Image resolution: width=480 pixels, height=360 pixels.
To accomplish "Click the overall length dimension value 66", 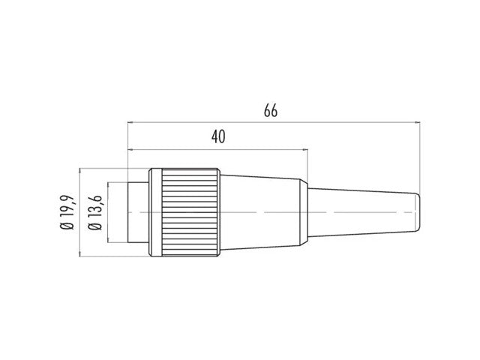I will [x=271, y=111].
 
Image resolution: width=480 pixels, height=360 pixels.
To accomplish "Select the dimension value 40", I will [x=218, y=136].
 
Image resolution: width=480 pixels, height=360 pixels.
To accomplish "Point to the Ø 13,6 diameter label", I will [x=95, y=212].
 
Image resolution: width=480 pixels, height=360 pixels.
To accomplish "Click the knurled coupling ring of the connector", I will [x=187, y=212].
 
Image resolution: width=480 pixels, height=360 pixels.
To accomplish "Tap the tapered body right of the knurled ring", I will [x=262, y=212].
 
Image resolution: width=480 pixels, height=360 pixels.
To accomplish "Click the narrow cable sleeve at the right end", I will [x=360, y=212].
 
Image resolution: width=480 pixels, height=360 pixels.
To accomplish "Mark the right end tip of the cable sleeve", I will [x=417, y=212].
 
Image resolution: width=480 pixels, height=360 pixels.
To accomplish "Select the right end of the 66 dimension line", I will [x=417, y=121].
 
